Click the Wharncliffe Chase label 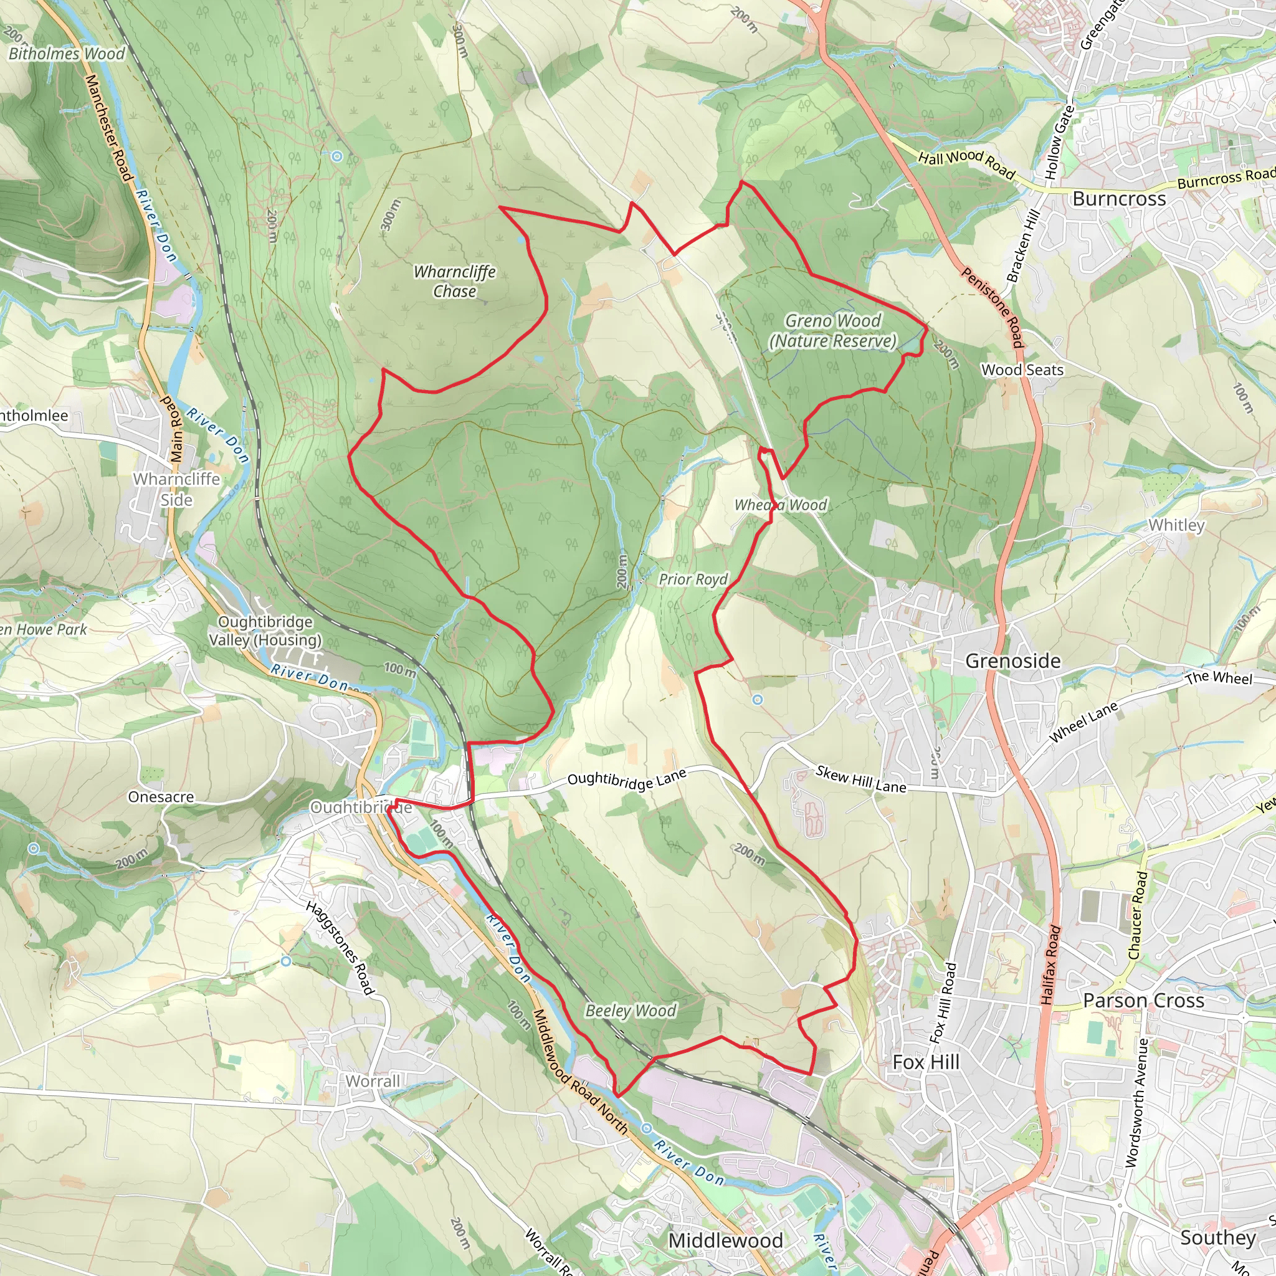tap(454, 282)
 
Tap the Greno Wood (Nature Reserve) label tap(833, 331)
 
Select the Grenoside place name tap(1012, 661)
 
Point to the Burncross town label tap(1119, 199)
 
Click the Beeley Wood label tap(631, 1011)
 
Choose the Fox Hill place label tap(925, 1062)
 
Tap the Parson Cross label tap(1143, 1001)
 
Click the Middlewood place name tap(725, 1240)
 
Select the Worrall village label tap(373, 1081)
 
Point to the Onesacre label tap(161, 797)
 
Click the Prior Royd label tap(693, 579)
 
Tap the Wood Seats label tap(1022, 370)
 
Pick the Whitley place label tap(1176, 525)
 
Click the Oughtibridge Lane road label tap(627, 779)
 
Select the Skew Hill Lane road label tap(860, 779)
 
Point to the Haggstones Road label tap(340, 947)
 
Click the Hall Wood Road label tap(966, 163)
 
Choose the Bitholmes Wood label tap(66, 54)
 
